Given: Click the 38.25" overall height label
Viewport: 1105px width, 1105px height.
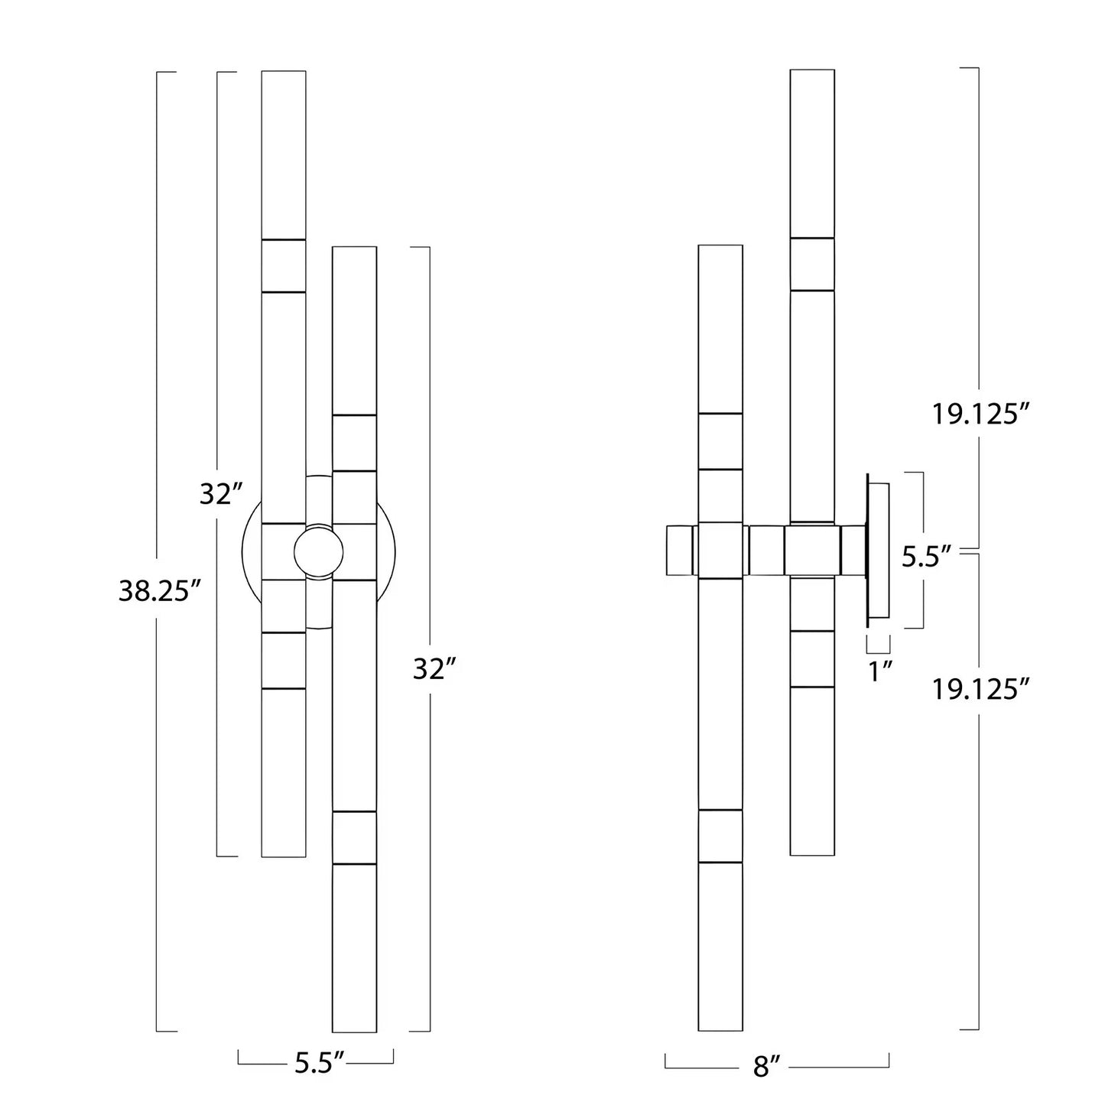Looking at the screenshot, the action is [160, 591].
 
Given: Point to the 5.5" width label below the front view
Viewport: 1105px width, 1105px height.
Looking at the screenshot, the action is [319, 1064].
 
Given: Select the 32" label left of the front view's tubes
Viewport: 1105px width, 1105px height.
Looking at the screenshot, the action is [221, 494].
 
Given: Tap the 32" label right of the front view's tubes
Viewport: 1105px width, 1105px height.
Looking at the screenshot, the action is [434, 668].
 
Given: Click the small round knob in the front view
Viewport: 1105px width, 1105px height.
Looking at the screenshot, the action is [319, 553].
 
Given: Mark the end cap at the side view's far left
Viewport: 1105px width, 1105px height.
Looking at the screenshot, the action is [679, 551].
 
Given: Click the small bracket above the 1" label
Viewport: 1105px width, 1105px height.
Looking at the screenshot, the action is [878, 644].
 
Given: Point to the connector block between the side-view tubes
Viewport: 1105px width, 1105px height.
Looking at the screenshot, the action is [766, 551].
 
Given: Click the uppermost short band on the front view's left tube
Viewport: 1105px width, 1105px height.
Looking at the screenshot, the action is [284, 266].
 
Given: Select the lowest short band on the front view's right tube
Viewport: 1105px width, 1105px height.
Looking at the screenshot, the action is [354, 838].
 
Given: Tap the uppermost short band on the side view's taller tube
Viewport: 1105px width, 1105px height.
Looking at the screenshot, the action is [812, 265].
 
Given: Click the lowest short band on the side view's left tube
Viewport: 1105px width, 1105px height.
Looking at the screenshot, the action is [720, 836].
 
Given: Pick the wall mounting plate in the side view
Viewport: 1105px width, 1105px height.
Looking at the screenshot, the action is [878, 550].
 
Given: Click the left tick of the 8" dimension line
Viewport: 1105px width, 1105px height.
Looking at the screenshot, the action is [666, 1061].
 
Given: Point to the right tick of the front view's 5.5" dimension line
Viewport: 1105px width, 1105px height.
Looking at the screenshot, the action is [393, 1056].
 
